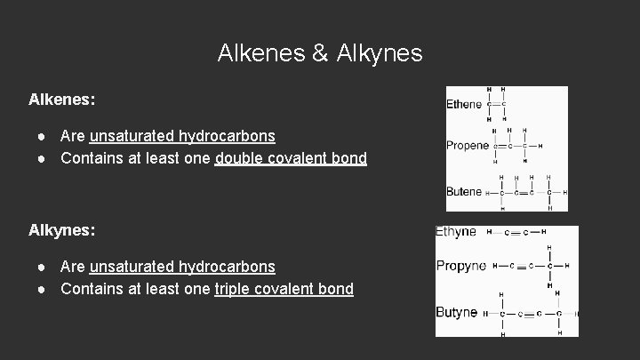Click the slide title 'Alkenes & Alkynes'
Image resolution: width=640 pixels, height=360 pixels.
click(x=320, y=53)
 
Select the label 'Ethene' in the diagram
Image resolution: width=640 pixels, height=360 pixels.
click(x=464, y=105)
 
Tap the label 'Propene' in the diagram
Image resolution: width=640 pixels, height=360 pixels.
click(x=468, y=146)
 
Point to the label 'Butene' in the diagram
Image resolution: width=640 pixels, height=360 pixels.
click(x=464, y=191)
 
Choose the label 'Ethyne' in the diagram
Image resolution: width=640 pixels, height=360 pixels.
click(x=456, y=232)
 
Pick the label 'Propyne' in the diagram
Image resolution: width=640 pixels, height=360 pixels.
click(x=460, y=266)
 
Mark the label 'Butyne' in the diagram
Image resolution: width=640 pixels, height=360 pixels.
click(x=457, y=313)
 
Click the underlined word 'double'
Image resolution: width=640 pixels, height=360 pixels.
click(x=236, y=159)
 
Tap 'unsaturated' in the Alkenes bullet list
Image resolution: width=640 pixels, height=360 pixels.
click(x=132, y=137)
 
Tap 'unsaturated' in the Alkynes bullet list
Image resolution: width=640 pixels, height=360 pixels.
click(x=132, y=267)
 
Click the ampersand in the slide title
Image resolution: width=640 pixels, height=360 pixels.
click(x=320, y=53)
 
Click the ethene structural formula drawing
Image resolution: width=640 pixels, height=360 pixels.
click(x=497, y=105)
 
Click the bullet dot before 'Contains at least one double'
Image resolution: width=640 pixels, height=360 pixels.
click(x=42, y=159)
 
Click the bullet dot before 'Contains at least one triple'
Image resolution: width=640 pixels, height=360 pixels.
click(x=42, y=289)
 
